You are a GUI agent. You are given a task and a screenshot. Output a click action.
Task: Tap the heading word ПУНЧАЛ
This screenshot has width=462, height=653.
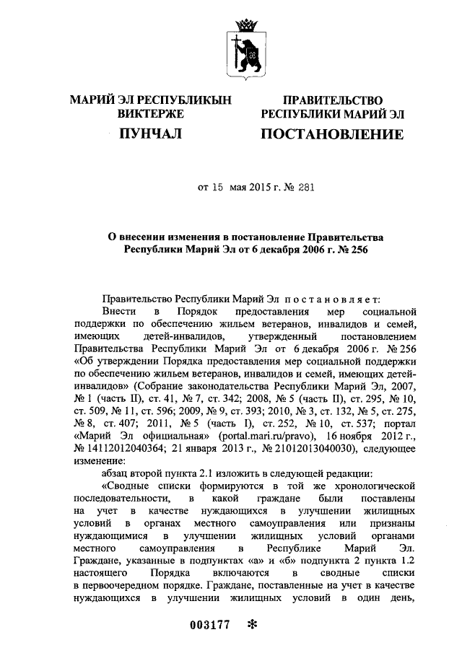pyautogui.click(x=150, y=133)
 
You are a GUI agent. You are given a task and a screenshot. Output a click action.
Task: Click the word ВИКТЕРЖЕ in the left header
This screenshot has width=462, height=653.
pyautogui.click(x=150, y=114)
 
